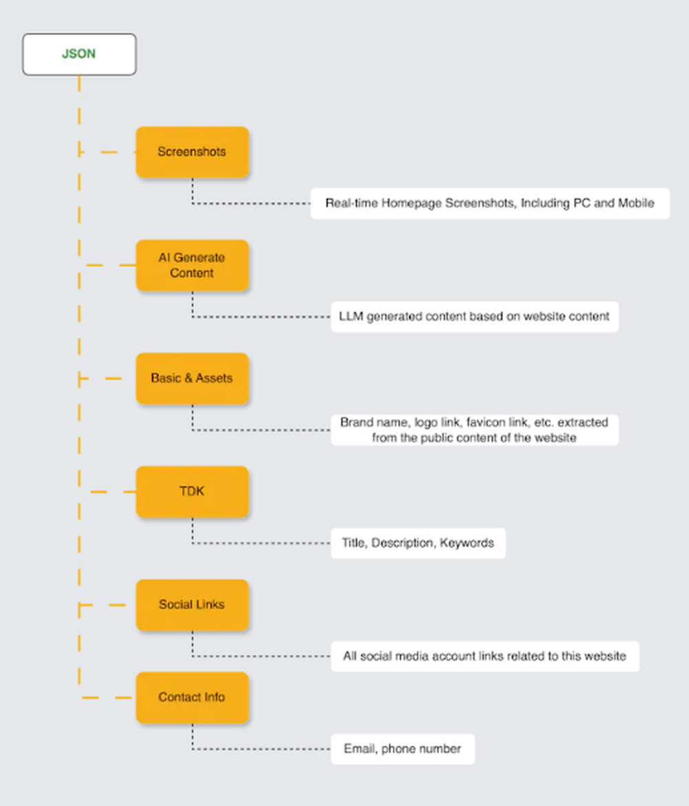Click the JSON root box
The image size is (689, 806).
click(79, 54)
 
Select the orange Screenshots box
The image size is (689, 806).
click(192, 152)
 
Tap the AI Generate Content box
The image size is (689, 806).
click(192, 265)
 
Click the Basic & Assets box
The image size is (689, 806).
click(192, 378)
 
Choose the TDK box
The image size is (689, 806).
click(192, 492)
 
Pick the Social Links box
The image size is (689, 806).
click(192, 605)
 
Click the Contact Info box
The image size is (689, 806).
click(192, 697)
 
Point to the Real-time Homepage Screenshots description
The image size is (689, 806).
click(490, 204)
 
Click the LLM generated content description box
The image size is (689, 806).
click(474, 317)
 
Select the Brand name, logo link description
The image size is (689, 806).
click(474, 430)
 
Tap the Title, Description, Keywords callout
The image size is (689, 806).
click(418, 543)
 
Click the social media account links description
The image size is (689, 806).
click(484, 657)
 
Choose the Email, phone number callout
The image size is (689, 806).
click(402, 749)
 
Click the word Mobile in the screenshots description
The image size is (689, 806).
click(635, 204)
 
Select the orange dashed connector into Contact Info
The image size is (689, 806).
click(107, 698)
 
